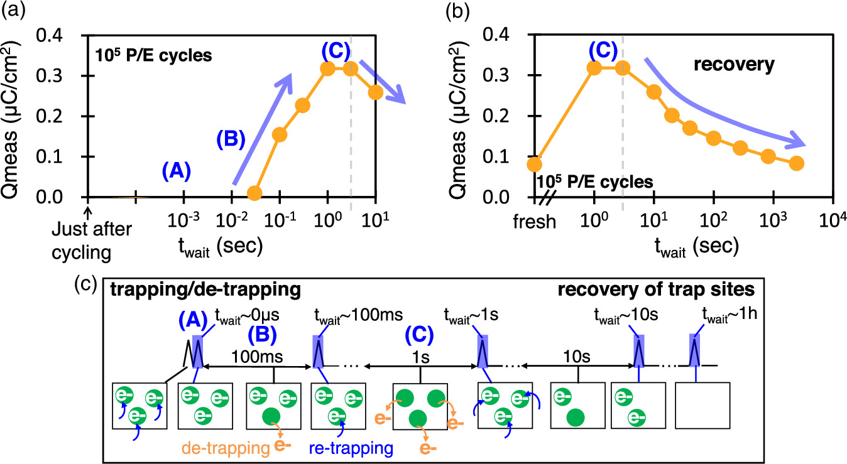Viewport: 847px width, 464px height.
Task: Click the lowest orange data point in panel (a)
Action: click(254, 193)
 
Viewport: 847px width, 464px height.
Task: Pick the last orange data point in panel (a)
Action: click(376, 92)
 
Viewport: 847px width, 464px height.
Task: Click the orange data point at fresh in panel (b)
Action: click(534, 165)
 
